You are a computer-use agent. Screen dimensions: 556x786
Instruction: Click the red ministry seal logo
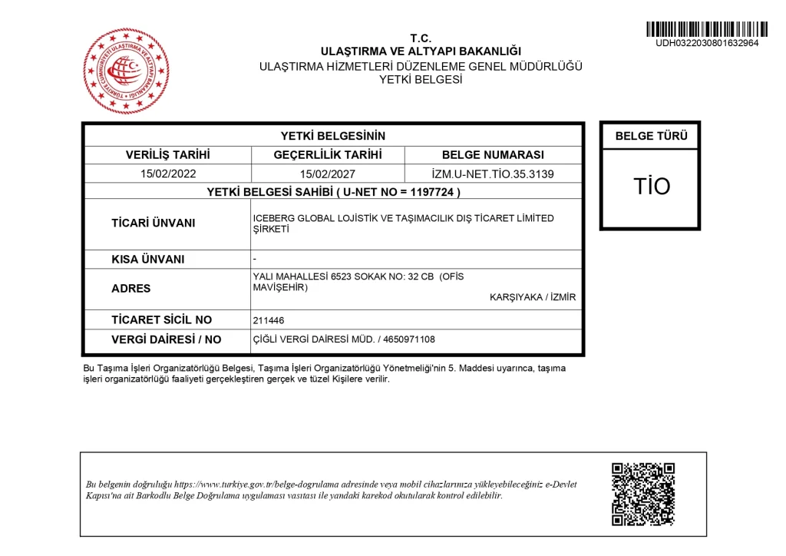click(x=126, y=71)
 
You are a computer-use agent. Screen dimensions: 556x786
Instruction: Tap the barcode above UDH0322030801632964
click(x=707, y=28)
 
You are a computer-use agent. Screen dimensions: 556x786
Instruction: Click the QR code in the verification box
click(x=642, y=494)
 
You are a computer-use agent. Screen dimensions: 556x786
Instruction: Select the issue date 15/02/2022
click(x=168, y=174)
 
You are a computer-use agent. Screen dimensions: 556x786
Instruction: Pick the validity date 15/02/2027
click(x=328, y=174)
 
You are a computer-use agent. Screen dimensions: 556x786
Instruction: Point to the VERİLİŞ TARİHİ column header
click(x=167, y=154)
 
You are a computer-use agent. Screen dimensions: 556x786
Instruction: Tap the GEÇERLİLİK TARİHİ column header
click(x=328, y=154)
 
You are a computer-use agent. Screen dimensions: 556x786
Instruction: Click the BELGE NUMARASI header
click(x=493, y=154)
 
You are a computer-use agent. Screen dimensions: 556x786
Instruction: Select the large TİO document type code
click(x=651, y=187)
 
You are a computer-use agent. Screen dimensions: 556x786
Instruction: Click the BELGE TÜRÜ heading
click(x=651, y=136)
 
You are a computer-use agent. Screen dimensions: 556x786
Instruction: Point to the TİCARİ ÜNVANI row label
click(x=154, y=223)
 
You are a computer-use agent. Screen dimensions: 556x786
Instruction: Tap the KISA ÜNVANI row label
click(x=148, y=260)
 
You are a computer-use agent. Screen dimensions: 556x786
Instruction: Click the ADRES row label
click(x=131, y=289)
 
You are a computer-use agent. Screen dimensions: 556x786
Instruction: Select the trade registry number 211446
click(x=269, y=320)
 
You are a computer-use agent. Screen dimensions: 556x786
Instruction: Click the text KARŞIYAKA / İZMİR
click(x=533, y=298)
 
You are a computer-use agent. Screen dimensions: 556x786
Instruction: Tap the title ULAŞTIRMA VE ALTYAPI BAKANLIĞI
click(x=421, y=51)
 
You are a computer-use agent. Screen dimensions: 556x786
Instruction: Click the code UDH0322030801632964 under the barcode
click(x=707, y=43)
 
